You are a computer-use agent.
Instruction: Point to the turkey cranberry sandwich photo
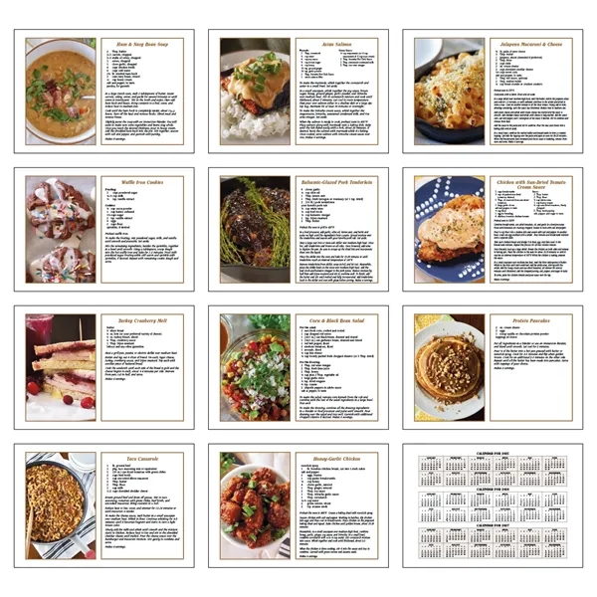[x=61, y=369]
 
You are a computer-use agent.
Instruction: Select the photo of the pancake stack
[x=449, y=369]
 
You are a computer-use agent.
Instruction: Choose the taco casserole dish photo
[x=61, y=507]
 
